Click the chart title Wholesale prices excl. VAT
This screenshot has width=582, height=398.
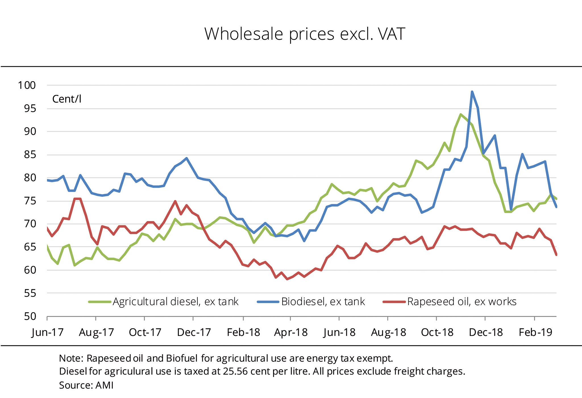tap(304, 34)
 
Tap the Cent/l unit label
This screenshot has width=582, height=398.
tap(67, 99)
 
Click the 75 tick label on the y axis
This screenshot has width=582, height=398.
tap(30, 201)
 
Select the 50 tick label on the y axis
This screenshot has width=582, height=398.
tap(30, 316)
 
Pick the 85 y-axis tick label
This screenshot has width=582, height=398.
tap(30, 155)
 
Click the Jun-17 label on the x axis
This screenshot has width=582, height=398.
tap(47, 332)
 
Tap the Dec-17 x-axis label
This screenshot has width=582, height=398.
tap(194, 332)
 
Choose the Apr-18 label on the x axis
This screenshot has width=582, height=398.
tap(291, 332)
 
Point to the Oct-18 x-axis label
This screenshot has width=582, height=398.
tap(437, 332)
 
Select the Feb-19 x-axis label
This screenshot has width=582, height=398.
tap(535, 332)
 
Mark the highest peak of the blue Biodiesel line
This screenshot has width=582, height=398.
tap(472, 92)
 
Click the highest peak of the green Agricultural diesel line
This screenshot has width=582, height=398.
tap(461, 114)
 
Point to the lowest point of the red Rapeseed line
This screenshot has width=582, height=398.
tap(287, 279)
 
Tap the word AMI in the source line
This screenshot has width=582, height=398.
tap(104, 385)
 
